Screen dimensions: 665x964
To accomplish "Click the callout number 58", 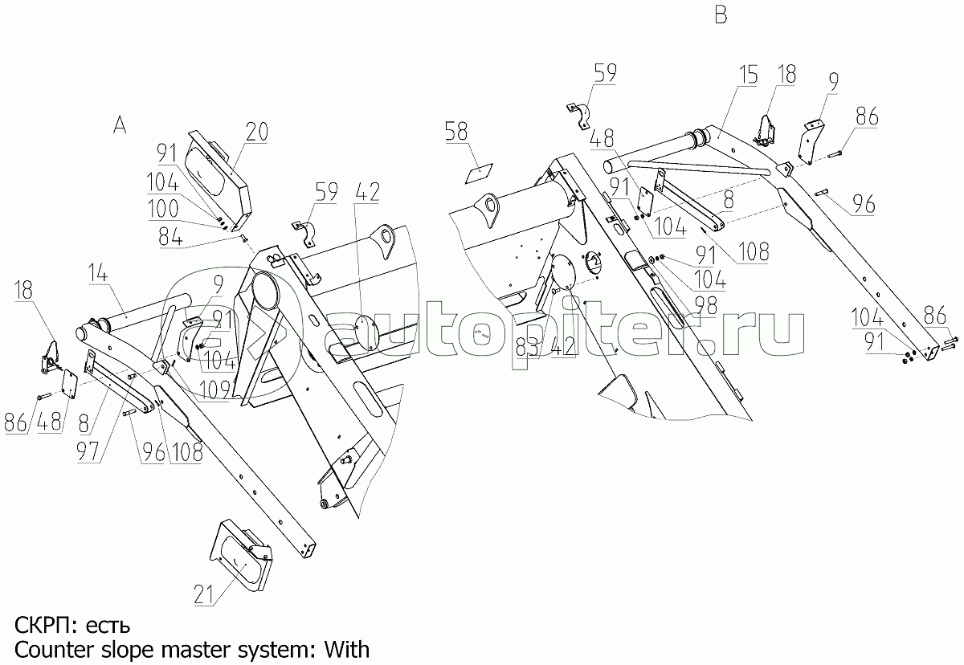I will pyautogui.click(x=456, y=130).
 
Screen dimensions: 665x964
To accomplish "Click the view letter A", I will pyautogui.click(x=119, y=124).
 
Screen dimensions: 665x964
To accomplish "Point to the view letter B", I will pyautogui.click(x=721, y=15).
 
